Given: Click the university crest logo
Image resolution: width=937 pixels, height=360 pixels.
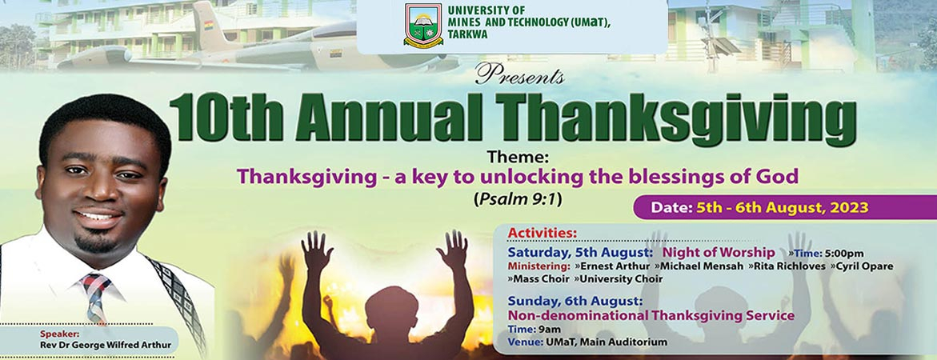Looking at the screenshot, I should pyautogui.click(x=423, y=26).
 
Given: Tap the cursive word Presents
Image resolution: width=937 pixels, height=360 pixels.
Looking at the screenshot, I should pyautogui.click(x=519, y=76).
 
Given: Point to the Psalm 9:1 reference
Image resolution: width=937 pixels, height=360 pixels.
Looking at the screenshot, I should pyautogui.click(x=517, y=198).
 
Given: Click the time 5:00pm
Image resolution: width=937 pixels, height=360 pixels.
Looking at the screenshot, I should pyautogui.click(x=841, y=253).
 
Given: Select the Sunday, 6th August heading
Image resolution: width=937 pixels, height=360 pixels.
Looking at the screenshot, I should pyautogui.click(x=575, y=301).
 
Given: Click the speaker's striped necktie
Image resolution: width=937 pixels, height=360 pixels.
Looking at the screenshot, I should pyautogui.click(x=96, y=296).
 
